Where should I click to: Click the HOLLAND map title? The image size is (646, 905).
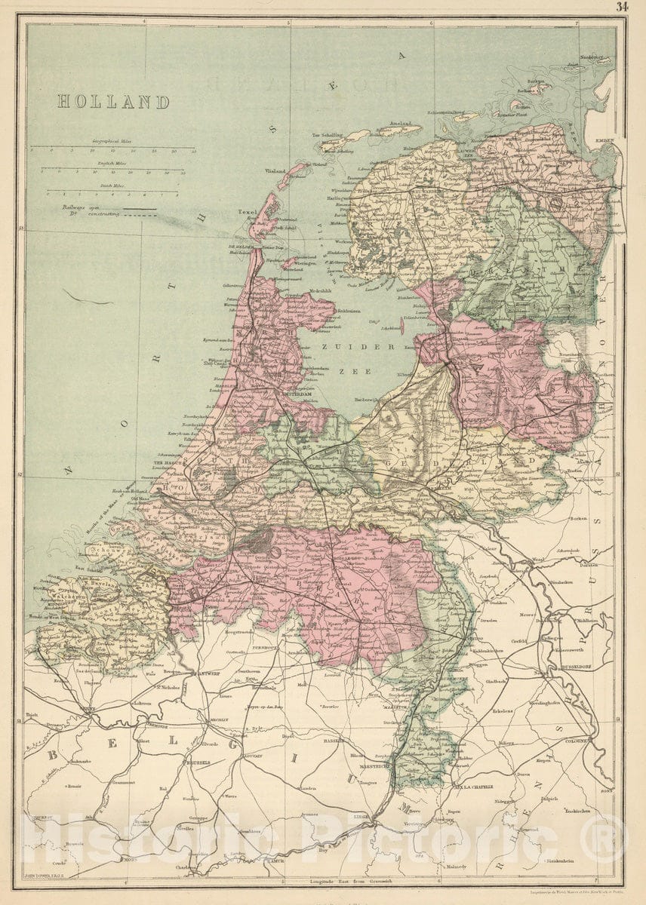pyautogui.click(x=113, y=102)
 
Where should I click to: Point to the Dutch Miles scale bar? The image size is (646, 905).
pyautogui.click(x=113, y=192)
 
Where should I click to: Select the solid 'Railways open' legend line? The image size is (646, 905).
pyautogui.click(x=140, y=209)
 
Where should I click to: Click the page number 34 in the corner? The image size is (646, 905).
pyautogui.click(x=622, y=7)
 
